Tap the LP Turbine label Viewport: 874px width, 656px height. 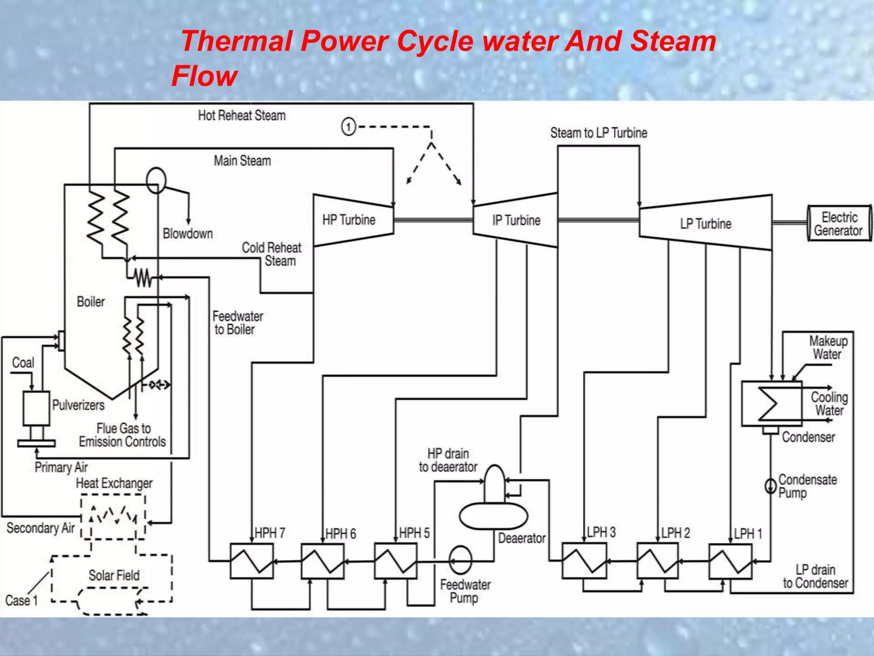705,224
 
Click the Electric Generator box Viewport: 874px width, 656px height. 839,224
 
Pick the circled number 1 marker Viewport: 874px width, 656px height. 349,127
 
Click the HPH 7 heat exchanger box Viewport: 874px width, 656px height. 252,561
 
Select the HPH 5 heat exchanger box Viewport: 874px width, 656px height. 396,561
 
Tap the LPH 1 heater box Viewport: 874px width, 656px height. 730,561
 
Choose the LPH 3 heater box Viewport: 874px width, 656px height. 584,561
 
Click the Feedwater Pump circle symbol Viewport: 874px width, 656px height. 460,560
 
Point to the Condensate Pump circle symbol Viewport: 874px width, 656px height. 770,486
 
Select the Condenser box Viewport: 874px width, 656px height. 772,404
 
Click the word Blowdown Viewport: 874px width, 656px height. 188,234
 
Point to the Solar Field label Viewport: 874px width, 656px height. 114,575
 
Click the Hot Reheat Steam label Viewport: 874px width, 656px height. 242,115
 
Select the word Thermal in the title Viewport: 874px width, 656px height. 237,41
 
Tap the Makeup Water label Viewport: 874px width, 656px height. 828,347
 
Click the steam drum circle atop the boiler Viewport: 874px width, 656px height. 156,180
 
